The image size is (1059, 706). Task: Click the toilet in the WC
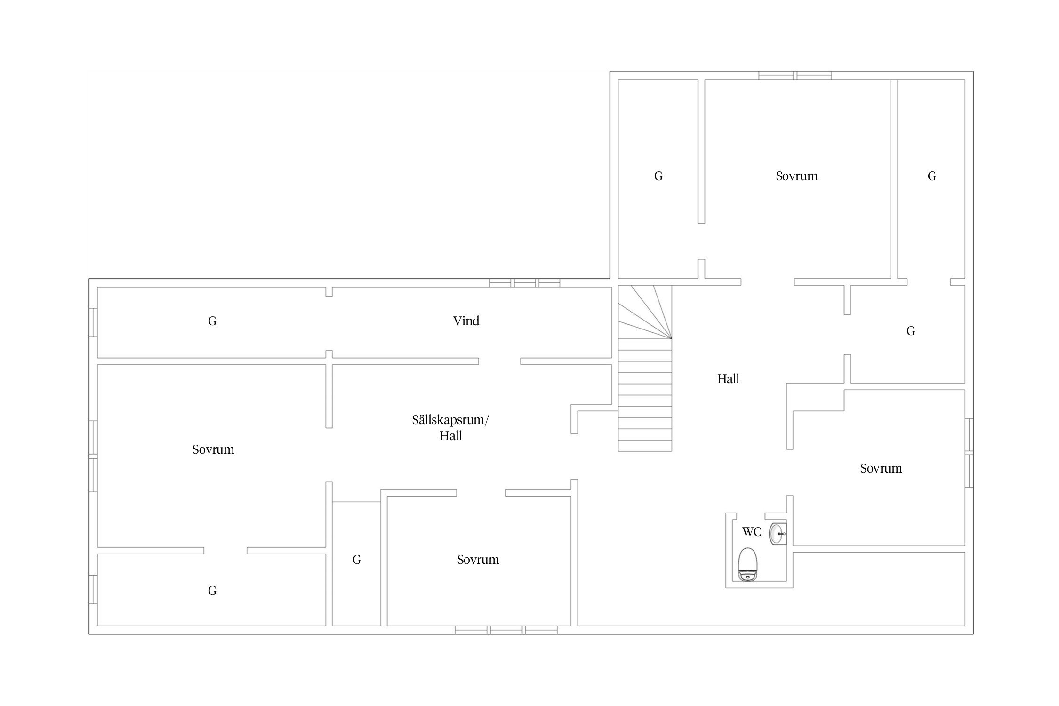click(747, 564)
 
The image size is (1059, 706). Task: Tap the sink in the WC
click(778, 534)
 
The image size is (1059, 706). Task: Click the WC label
click(752, 532)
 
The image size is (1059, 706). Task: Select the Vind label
click(466, 321)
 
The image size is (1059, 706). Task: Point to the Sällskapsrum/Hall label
click(450, 428)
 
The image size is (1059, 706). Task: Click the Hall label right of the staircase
click(728, 379)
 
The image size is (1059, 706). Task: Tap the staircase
click(645, 369)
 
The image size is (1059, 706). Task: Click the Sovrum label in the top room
click(796, 176)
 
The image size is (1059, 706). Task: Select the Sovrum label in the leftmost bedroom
click(213, 449)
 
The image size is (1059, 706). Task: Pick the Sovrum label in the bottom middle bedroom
click(478, 560)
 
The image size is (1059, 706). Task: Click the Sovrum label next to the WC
click(881, 468)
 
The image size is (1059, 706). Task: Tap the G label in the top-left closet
click(658, 176)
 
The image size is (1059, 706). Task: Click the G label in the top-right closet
click(932, 176)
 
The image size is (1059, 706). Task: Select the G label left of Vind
click(212, 321)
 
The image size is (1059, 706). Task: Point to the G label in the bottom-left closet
click(212, 591)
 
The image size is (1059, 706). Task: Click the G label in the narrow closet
click(357, 560)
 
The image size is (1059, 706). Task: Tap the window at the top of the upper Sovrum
click(795, 75)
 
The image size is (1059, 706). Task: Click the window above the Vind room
click(525, 283)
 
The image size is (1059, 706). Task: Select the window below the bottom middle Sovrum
click(506, 630)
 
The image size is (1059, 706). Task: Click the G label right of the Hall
click(911, 331)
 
